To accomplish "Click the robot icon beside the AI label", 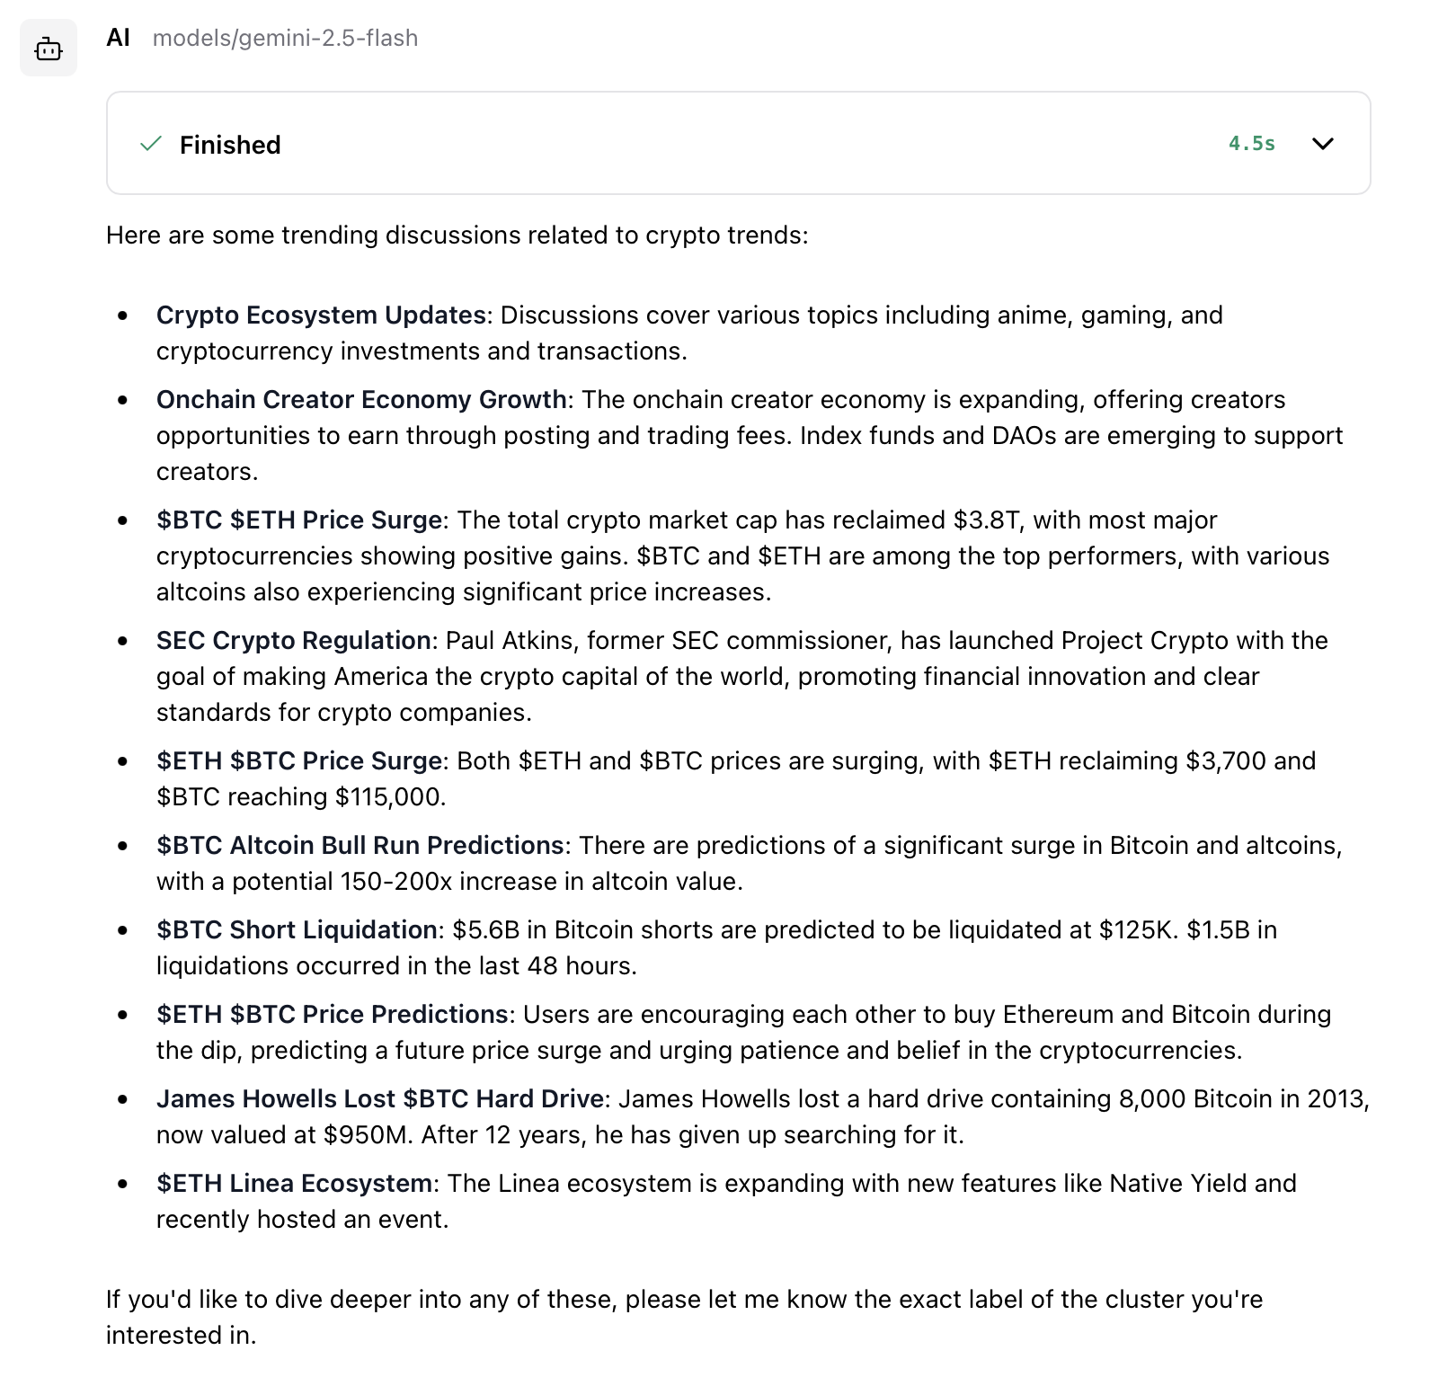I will tap(49, 49).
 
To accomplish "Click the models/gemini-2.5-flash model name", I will tap(285, 39).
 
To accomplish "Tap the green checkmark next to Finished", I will tap(151, 144).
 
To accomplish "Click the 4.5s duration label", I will tap(1251, 144).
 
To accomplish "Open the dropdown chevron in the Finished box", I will tap(1323, 144).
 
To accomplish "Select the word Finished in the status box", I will tap(230, 145).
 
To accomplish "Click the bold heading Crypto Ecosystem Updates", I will tap(321, 315).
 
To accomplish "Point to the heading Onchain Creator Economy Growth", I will tap(361, 400).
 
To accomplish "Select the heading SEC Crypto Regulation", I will tap(293, 641).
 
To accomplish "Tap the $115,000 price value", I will tap(389, 797).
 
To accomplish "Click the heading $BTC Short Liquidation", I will tap(297, 930).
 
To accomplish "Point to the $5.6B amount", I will tap(485, 930).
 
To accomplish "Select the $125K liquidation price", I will tap(1137, 930).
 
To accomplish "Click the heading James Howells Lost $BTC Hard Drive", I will tap(379, 1099).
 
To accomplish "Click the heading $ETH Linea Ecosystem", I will tap(294, 1184).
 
